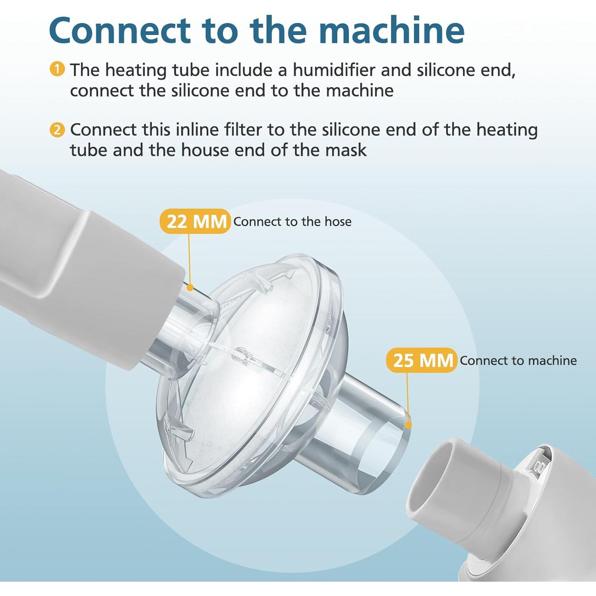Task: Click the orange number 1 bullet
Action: click(57, 69)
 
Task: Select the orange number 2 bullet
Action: click(57, 129)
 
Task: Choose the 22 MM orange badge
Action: click(195, 221)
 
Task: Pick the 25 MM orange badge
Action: click(422, 360)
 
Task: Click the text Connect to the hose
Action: click(292, 221)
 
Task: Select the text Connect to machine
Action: click(518, 360)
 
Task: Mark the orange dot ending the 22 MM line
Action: click(190, 287)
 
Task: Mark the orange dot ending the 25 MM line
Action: click(408, 426)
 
